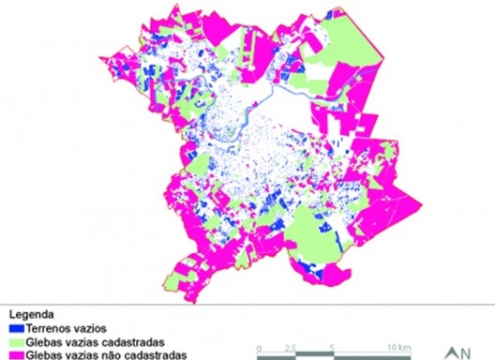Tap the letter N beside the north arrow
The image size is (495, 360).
pos(464,353)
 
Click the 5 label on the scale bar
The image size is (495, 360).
pos(333,348)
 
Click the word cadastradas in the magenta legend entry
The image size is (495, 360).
pos(155,353)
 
